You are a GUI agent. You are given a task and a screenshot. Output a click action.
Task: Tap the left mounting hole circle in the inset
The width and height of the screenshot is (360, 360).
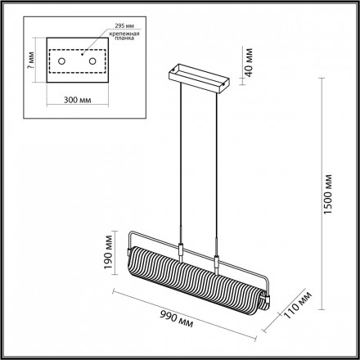coord(62,61)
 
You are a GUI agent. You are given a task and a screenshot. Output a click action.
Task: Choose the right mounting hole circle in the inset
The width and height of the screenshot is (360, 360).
coord(92,61)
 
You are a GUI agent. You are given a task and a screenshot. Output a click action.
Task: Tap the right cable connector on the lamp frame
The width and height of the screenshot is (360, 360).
coord(218,262)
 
